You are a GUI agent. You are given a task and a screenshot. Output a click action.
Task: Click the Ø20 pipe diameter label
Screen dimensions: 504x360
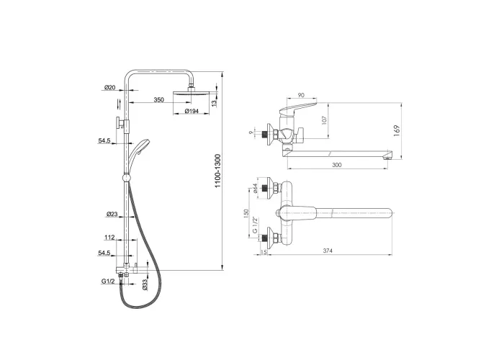pos(109,87)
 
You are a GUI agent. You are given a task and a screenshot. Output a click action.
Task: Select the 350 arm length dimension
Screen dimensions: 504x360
pos(158,100)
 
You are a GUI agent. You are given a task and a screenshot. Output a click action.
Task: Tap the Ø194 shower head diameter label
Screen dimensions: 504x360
pos(192,111)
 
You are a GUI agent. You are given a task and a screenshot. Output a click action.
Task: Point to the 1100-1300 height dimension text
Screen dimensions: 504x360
pos(218,171)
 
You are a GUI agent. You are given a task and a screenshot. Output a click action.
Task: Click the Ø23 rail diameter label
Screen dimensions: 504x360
pos(112,214)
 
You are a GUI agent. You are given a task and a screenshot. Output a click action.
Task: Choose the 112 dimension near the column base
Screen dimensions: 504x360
pos(109,238)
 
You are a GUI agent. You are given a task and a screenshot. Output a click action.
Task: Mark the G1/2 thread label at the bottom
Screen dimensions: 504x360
pos(108,282)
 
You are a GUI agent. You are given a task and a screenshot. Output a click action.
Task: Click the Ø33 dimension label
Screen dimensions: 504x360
pos(145,285)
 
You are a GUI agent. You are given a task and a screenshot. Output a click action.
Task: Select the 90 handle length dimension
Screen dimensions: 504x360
pos(301,95)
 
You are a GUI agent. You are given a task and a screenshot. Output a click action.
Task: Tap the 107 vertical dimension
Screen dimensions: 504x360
pos(324,120)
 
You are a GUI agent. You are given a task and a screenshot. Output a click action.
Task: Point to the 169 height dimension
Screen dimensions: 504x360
pos(397,131)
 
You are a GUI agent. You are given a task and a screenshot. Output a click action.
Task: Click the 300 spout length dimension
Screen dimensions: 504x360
pos(336,165)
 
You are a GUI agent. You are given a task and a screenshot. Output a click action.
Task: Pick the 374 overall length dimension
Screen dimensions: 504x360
pos(328,251)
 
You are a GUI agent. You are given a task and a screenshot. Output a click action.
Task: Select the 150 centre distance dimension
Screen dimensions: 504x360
pos(246,213)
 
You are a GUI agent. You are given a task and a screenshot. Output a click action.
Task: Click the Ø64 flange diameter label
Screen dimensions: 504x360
pos(255,188)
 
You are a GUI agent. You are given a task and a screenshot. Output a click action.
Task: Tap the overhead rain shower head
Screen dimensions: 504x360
pos(192,93)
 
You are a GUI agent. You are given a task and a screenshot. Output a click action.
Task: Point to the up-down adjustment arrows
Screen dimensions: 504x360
pos(120,104)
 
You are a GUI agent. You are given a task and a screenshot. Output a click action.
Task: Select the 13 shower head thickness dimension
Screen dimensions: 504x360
pos(215,103)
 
